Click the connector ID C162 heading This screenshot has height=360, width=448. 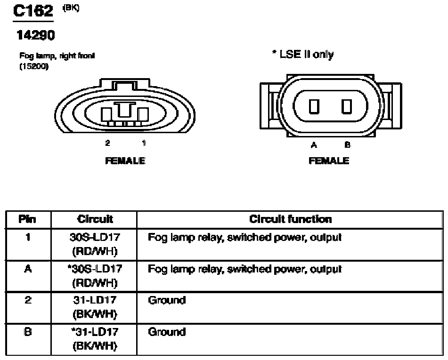pyautogui.click(x=33, y=11)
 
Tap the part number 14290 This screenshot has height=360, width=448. pyautogui.click(x=36, y=35)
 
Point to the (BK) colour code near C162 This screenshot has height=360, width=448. pyautogui.click(x=71, y=8)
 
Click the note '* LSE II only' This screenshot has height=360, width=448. pyautogui.click(x=303, y=54)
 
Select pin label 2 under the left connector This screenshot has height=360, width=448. pyautogui.click(x=107, y=143)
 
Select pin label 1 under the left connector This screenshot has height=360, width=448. pyautogui.click(x=144, y=143)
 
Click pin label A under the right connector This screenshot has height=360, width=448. pyautogui.click(x=314, y=145)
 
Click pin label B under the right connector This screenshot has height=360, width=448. pyautogui.click(x=348, y=145)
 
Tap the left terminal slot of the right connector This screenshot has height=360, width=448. pyautogui.click(x=314, y=106)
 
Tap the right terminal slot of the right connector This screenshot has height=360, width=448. pyautogui.click(x=347, y=106)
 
